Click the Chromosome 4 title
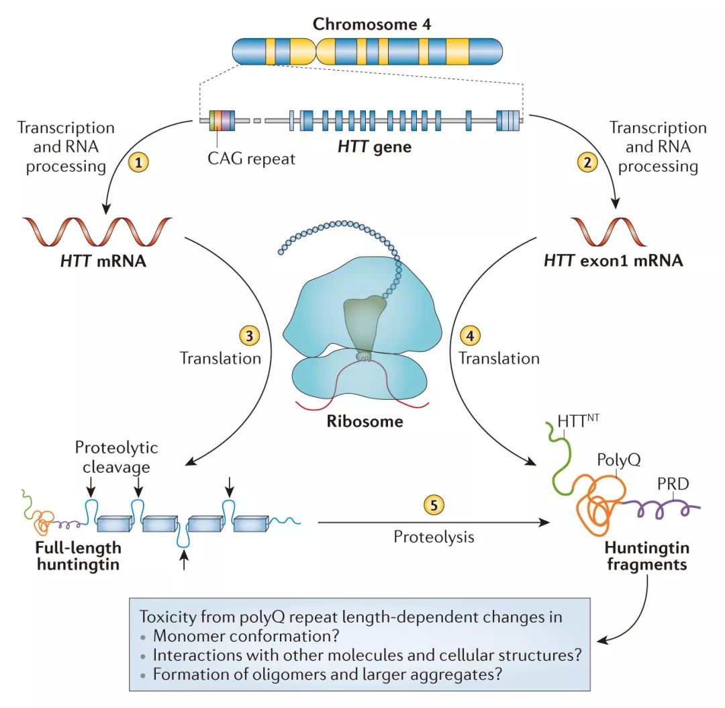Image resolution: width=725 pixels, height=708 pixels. [371, 25]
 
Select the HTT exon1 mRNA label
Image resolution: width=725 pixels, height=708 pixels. [613, 261]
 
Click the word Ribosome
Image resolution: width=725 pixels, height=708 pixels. [365, 422]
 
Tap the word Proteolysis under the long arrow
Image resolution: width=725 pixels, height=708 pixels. [434, 537]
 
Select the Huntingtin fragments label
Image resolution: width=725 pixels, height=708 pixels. [647, 557]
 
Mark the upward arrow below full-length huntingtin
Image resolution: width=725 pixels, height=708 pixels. [185, 561]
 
